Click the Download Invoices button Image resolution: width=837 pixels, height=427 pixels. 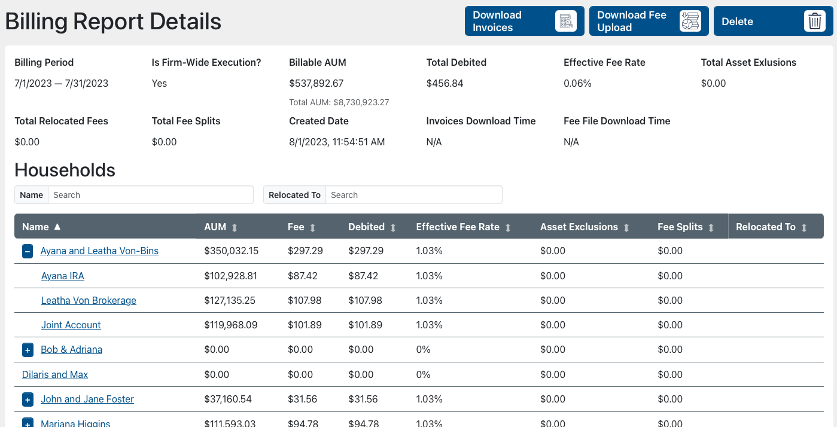click(524, 22)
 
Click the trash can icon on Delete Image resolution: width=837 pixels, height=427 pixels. click(814, 22)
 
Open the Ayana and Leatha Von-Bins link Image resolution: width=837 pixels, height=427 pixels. click(99, 251)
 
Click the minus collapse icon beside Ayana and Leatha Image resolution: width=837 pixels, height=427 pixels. click(28, 251)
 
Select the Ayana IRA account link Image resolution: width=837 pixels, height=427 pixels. click(63, 276)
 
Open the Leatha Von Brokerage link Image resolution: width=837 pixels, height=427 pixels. click(89, 301)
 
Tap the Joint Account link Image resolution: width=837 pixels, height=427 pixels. click(71, 325)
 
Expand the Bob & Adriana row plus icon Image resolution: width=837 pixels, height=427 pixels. click(28, 350)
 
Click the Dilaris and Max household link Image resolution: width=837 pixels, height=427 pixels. click(55, 375)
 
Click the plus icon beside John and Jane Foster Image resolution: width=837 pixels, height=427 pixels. click(28, 399)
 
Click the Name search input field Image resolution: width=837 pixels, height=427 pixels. click(150, 195)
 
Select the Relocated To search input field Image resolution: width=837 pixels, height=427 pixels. click(413, 195)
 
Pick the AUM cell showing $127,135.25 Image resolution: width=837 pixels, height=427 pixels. click(231, 301)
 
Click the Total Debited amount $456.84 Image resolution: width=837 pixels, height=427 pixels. click(445, 84)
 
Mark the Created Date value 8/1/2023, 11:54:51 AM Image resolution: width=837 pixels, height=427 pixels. click(337, 142)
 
